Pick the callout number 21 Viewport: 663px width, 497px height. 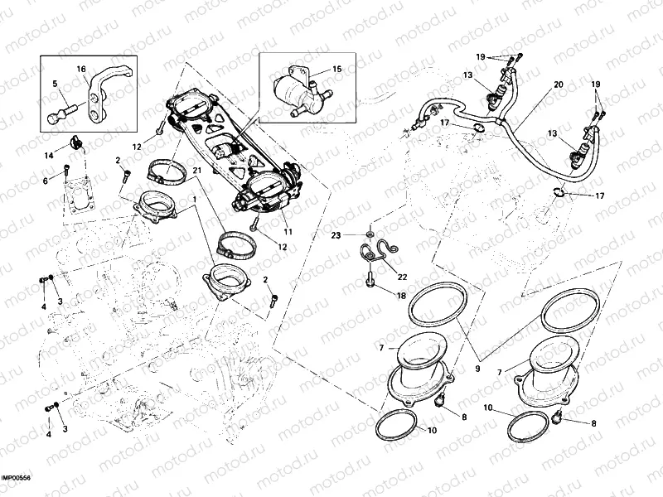pos(197,171)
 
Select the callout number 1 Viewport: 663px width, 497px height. pos(195,200)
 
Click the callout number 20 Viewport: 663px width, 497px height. pos(558,85)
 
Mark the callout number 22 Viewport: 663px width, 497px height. pos(402,277)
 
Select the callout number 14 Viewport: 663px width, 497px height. pos(49,156)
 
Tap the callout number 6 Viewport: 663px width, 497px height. pos(46,181)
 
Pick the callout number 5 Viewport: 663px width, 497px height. pos(56,84)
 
